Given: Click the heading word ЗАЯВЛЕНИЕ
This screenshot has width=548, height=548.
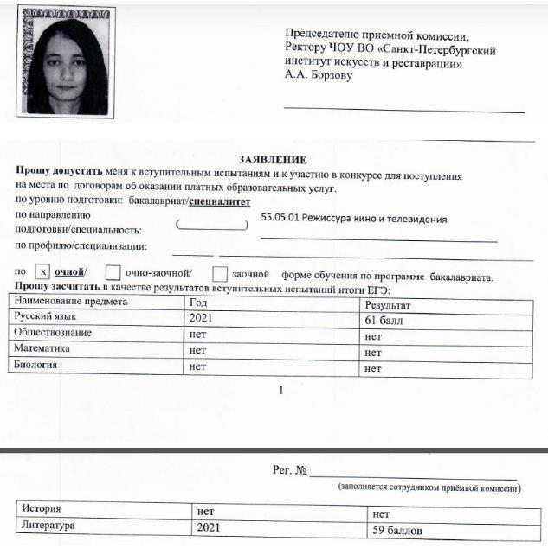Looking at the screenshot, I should [x=273, y=160].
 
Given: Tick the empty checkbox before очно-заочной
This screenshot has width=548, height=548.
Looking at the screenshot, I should [x=113, y=274].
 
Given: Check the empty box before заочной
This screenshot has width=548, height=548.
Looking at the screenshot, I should [x=220, y=274].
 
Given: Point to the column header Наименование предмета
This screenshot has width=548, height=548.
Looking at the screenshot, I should [x=70, y=303].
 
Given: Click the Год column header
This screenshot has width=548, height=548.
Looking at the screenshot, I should [x=197, y=303].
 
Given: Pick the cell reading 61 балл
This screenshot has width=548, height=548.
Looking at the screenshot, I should [x=385, y=320].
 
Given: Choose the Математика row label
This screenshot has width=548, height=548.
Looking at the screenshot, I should [x=43, y=349].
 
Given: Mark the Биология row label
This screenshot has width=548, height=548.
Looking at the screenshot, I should [x=39, y=365].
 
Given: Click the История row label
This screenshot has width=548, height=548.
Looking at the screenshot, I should [x=42, y=508].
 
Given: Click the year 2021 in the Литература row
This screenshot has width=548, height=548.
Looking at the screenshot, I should [x=212, y=526].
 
